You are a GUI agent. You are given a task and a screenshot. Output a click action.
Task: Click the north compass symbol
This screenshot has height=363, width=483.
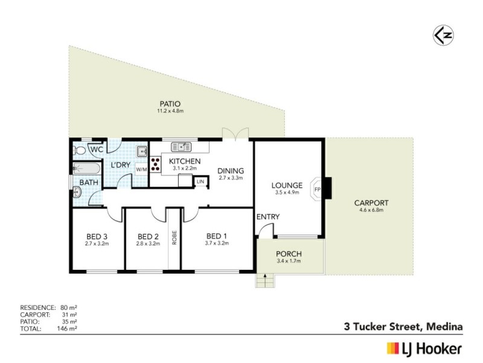[442, 35]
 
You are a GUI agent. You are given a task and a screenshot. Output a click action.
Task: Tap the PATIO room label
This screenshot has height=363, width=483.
[170, 103]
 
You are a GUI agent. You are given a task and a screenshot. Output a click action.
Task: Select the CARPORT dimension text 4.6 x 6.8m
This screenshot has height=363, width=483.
[371, 211]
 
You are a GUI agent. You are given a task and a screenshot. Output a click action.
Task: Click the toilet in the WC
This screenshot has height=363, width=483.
[80, 149]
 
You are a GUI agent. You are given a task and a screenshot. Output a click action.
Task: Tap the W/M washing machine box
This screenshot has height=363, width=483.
[141, 169]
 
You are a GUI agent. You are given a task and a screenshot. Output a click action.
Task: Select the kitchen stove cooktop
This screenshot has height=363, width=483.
[156, 164]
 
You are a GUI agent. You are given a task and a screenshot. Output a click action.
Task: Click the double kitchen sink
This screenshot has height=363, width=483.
[181, 146]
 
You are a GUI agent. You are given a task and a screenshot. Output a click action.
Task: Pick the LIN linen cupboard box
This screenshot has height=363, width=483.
[200, 181]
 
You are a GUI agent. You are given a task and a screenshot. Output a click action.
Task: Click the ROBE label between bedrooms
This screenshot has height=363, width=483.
[174, 238]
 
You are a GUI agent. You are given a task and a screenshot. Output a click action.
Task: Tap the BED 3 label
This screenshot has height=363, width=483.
[97, 236]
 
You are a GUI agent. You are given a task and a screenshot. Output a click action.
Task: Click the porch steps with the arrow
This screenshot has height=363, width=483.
[264, 280]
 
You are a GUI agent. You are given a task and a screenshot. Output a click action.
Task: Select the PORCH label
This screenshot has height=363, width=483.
[289, 253]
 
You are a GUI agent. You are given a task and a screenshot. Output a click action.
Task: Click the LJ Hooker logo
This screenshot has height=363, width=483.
[424, 348]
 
